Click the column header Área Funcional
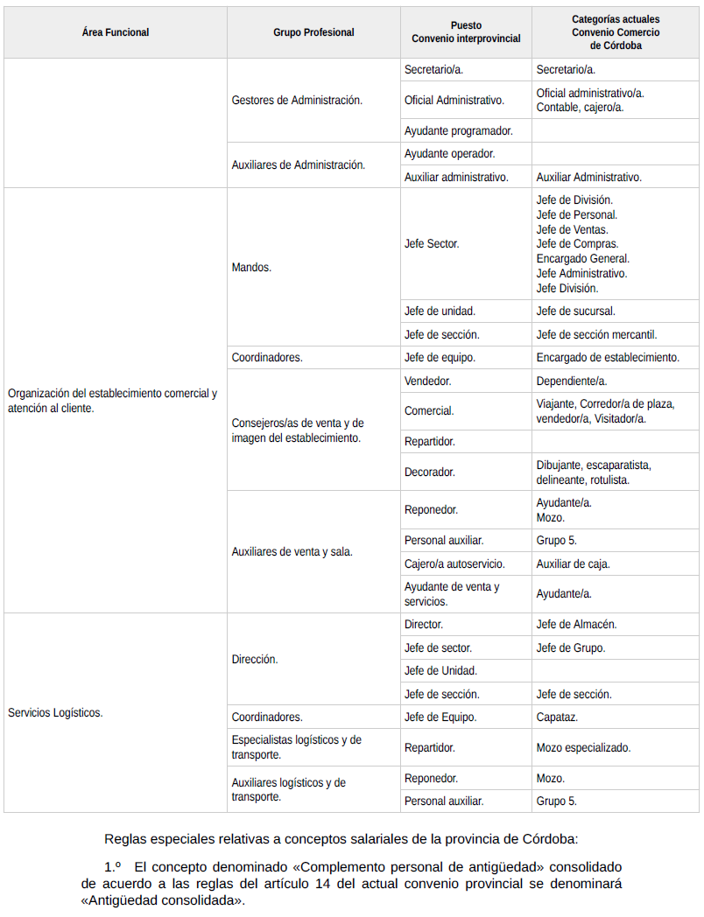(115, 32)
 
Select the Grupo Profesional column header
(313, 32)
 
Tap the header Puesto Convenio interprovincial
(466, 32)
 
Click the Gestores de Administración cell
(297, 101)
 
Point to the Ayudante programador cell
(458, 131)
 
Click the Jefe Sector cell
(432, 244)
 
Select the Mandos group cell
(251, 267)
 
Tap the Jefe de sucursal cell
(575, 311)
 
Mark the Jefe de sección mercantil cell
(596, 334)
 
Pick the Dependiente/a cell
(572, 381)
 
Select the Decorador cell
(429, 472)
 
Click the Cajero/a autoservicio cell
(454, 563)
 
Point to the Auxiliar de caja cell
(573, 563)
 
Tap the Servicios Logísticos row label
(55, 712)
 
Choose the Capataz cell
(557, 717)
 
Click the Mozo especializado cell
(583, 747)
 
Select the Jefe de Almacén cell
(576, 625)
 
